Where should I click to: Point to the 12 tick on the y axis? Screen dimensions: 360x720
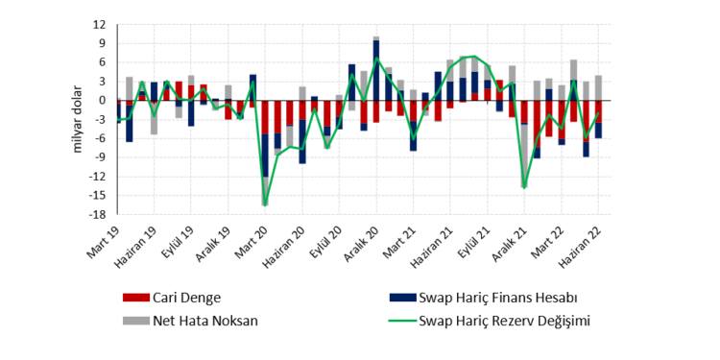(102, 24)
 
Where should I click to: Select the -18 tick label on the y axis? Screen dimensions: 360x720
(99, 214)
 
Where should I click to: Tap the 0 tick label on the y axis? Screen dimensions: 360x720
(105, 100)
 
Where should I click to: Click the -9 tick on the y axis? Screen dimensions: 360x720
(102, 157)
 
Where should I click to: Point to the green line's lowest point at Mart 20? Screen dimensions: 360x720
(265, 204)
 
